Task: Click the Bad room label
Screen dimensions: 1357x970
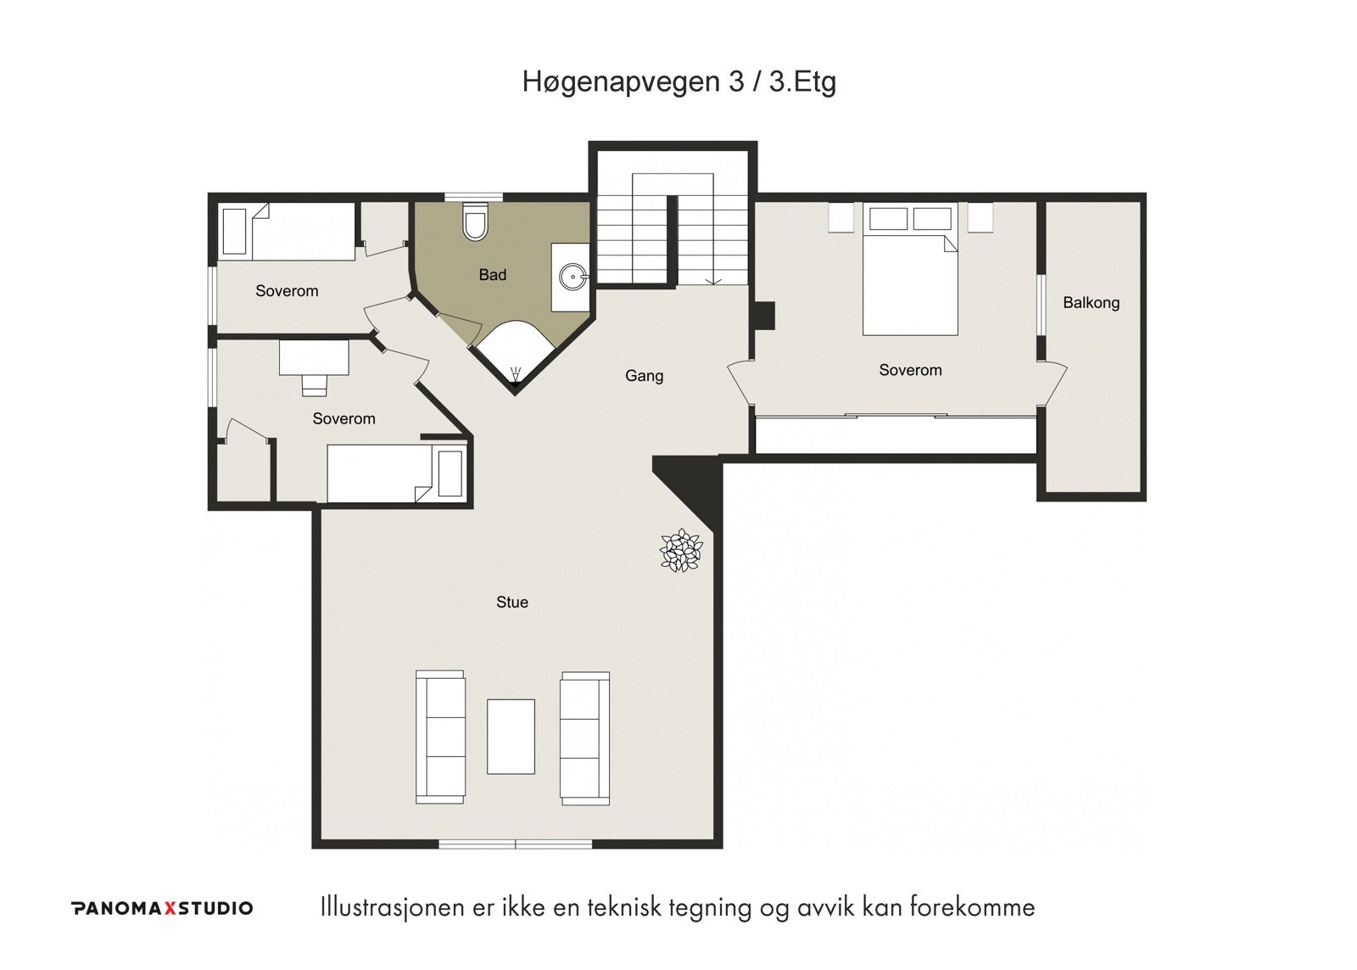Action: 493,275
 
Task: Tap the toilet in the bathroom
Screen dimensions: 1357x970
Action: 474,221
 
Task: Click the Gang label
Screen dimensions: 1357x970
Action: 644,376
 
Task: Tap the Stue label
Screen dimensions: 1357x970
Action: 512,602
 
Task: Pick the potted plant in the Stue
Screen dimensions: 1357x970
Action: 682,550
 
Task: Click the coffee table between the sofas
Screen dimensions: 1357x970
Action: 511,737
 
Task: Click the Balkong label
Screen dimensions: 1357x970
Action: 1091,302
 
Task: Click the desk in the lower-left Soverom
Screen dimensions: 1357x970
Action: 314,357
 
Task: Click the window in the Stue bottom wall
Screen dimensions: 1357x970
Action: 515,844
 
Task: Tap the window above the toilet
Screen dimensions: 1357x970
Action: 474,197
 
